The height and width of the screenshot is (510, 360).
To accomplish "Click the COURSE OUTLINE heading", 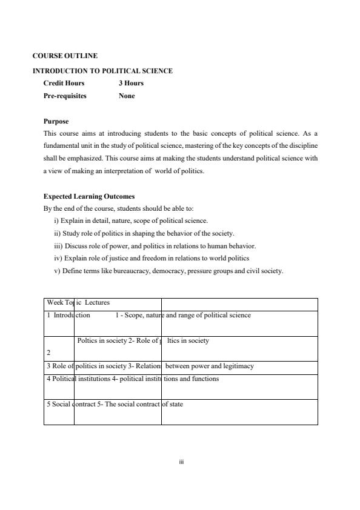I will (65, 56).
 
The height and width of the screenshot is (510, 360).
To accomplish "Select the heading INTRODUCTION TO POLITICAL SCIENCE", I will (102, 71).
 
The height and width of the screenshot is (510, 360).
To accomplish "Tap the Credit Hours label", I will (64, 83).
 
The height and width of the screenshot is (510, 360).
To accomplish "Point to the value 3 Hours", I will (131, 83).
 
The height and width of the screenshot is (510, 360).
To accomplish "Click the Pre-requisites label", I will (65, 96).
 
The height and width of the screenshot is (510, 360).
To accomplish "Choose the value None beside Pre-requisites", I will (127, 96).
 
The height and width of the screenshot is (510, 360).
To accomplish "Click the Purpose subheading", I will (56, 121).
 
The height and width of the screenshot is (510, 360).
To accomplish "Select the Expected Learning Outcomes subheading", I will (89, 196).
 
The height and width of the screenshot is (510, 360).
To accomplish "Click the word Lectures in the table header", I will (97, 302).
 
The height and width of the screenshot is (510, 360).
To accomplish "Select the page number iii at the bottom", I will (181, 462).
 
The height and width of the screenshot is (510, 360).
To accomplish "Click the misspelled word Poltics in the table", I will (88, 340).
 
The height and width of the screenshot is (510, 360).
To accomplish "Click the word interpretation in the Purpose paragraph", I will (130, 171).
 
